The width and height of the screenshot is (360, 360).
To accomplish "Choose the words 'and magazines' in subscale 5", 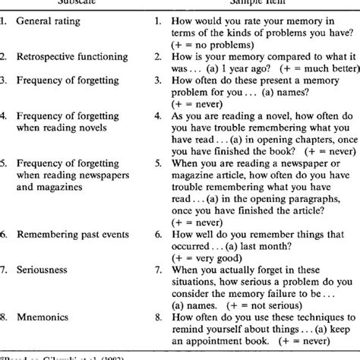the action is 57,194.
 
